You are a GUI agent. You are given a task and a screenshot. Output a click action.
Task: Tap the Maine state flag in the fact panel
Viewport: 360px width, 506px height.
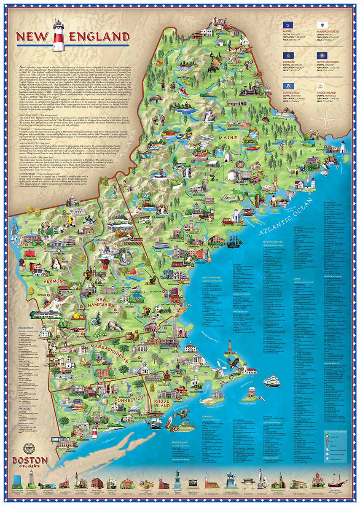point(288,26)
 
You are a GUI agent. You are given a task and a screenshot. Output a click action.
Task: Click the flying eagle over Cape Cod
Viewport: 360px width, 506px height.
point(233,363)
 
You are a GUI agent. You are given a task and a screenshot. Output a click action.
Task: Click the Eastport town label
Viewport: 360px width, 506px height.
point(330,149)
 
